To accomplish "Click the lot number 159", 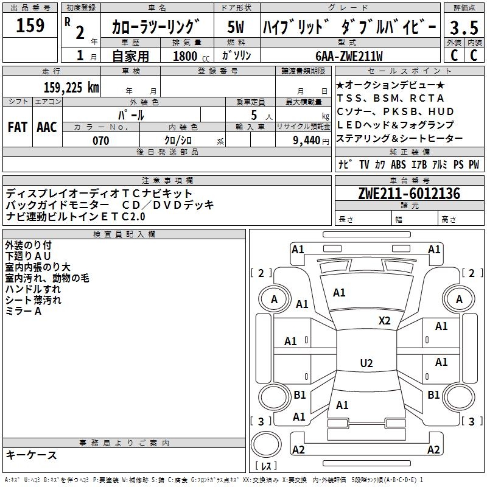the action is pyautogui.click(x=30, y=26).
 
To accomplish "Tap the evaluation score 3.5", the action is pyautogui.click(x=464, y=27).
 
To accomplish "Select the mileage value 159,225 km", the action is pyautogui.click(x=71, y=87).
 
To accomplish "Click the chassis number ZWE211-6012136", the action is pyautogui.click(x=409, y=194).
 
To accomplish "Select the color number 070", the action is pyautogui.click(x=100, y=141).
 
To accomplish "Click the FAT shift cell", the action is pyautogui.click(x=18, y=127).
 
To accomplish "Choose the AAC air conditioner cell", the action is pyautogui.click(x=47, y=127).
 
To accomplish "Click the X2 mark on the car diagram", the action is pyautogui.click(x=385, y=321).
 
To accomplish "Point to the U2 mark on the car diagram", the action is pyautogui.click(x=366, y=363).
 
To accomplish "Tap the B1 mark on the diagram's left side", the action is pyautogui.click(x=300, y=395).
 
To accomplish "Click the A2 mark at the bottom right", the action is pyautogui.click(x=433, y=450).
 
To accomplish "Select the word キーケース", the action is pyautogui.click(x=31, y=455).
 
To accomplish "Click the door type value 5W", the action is pyautogui.click(x=236, y=27).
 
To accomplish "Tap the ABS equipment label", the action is pyautogui.click(x=398, y=164).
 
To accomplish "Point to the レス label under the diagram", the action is pyautogui.click(x=266, y=466).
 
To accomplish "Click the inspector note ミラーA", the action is pyautogui.click(x=23, y=311).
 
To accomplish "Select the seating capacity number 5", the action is pyautogui.click(x=253, y=114).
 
